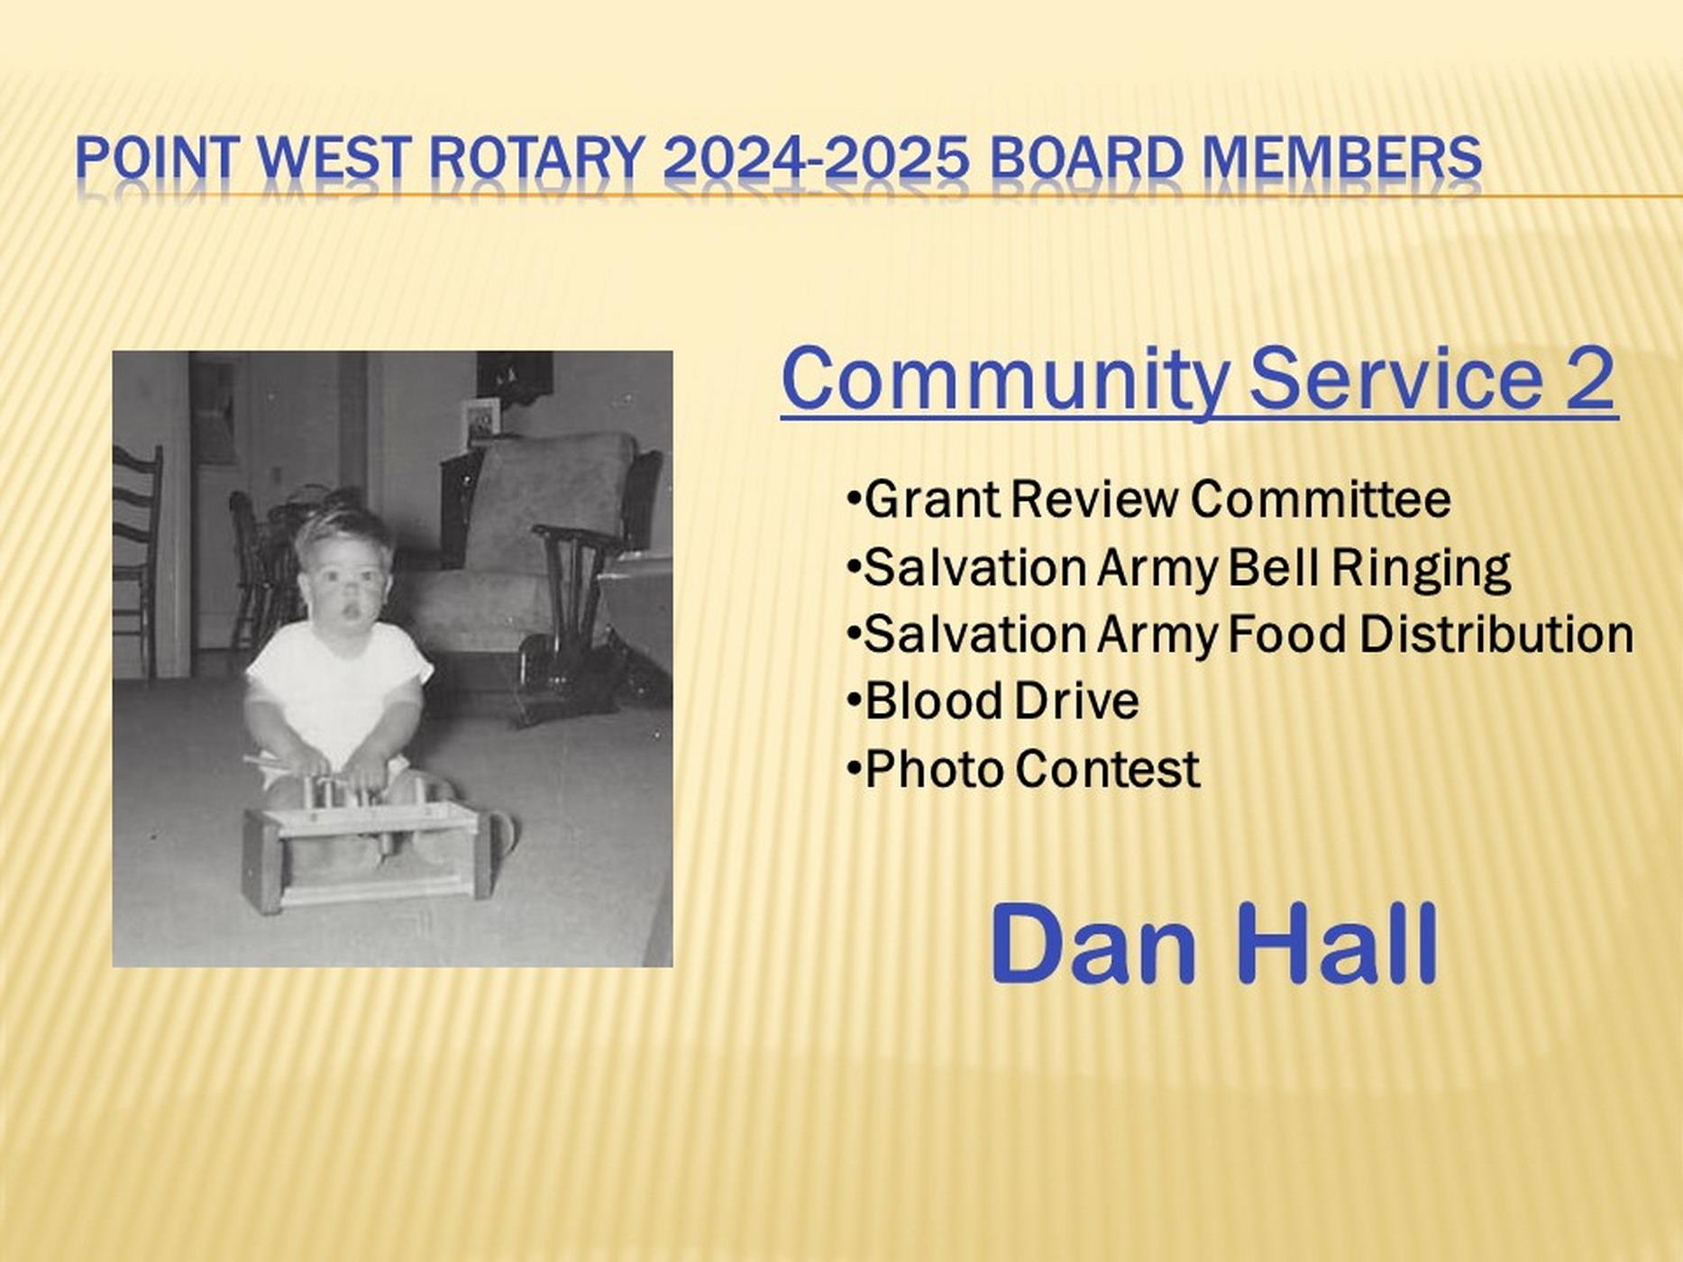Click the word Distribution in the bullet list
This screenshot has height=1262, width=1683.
pyautogui.click(x=1496, y=635)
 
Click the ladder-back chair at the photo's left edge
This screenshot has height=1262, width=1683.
pyautogui.click(x=135, y=559)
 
